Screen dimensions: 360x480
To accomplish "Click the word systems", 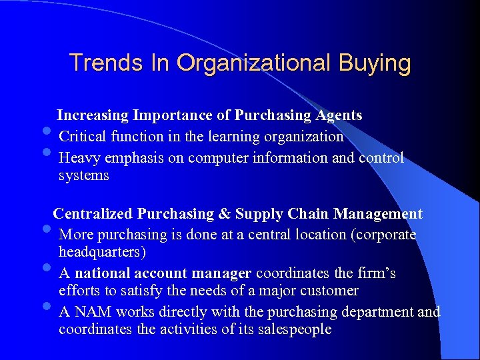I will pyautogui.click(x=83, y=175).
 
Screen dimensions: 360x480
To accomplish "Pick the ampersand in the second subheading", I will pyautogui.click(x=225, y=214).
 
